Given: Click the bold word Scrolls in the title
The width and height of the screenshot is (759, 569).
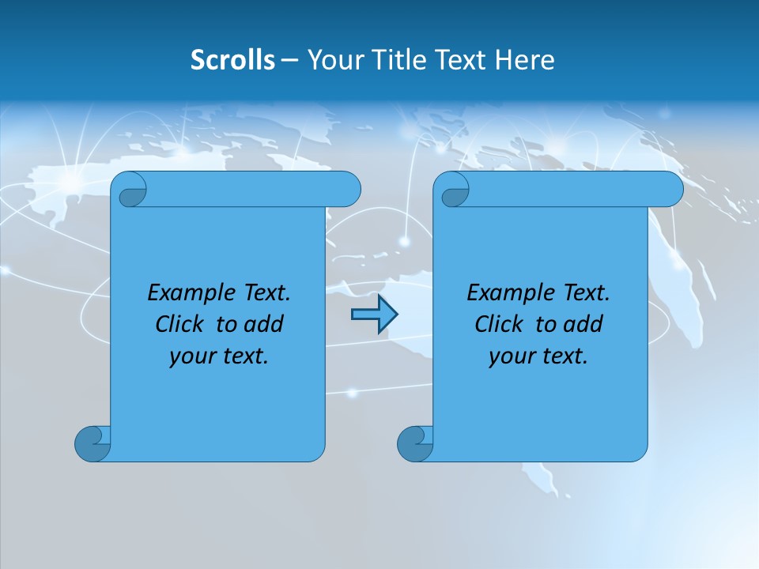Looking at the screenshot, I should [x=232, y=60].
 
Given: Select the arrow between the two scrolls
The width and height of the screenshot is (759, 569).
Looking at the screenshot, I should [x=374, y=315].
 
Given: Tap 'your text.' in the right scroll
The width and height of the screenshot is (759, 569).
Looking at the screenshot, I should [x=538, y=356].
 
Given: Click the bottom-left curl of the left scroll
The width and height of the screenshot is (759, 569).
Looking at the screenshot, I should [x=92, y=443].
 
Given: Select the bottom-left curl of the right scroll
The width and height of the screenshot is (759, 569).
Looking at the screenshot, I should [x=414, y=443].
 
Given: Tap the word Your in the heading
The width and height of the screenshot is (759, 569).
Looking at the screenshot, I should [x=330, y=60].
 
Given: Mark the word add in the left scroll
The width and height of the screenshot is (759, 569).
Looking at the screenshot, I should [x=265, y=324].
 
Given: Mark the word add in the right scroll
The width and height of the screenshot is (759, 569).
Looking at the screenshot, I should [x=584, y=324].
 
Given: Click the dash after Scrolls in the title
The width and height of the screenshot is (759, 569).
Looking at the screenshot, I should [x=289, y=61].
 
